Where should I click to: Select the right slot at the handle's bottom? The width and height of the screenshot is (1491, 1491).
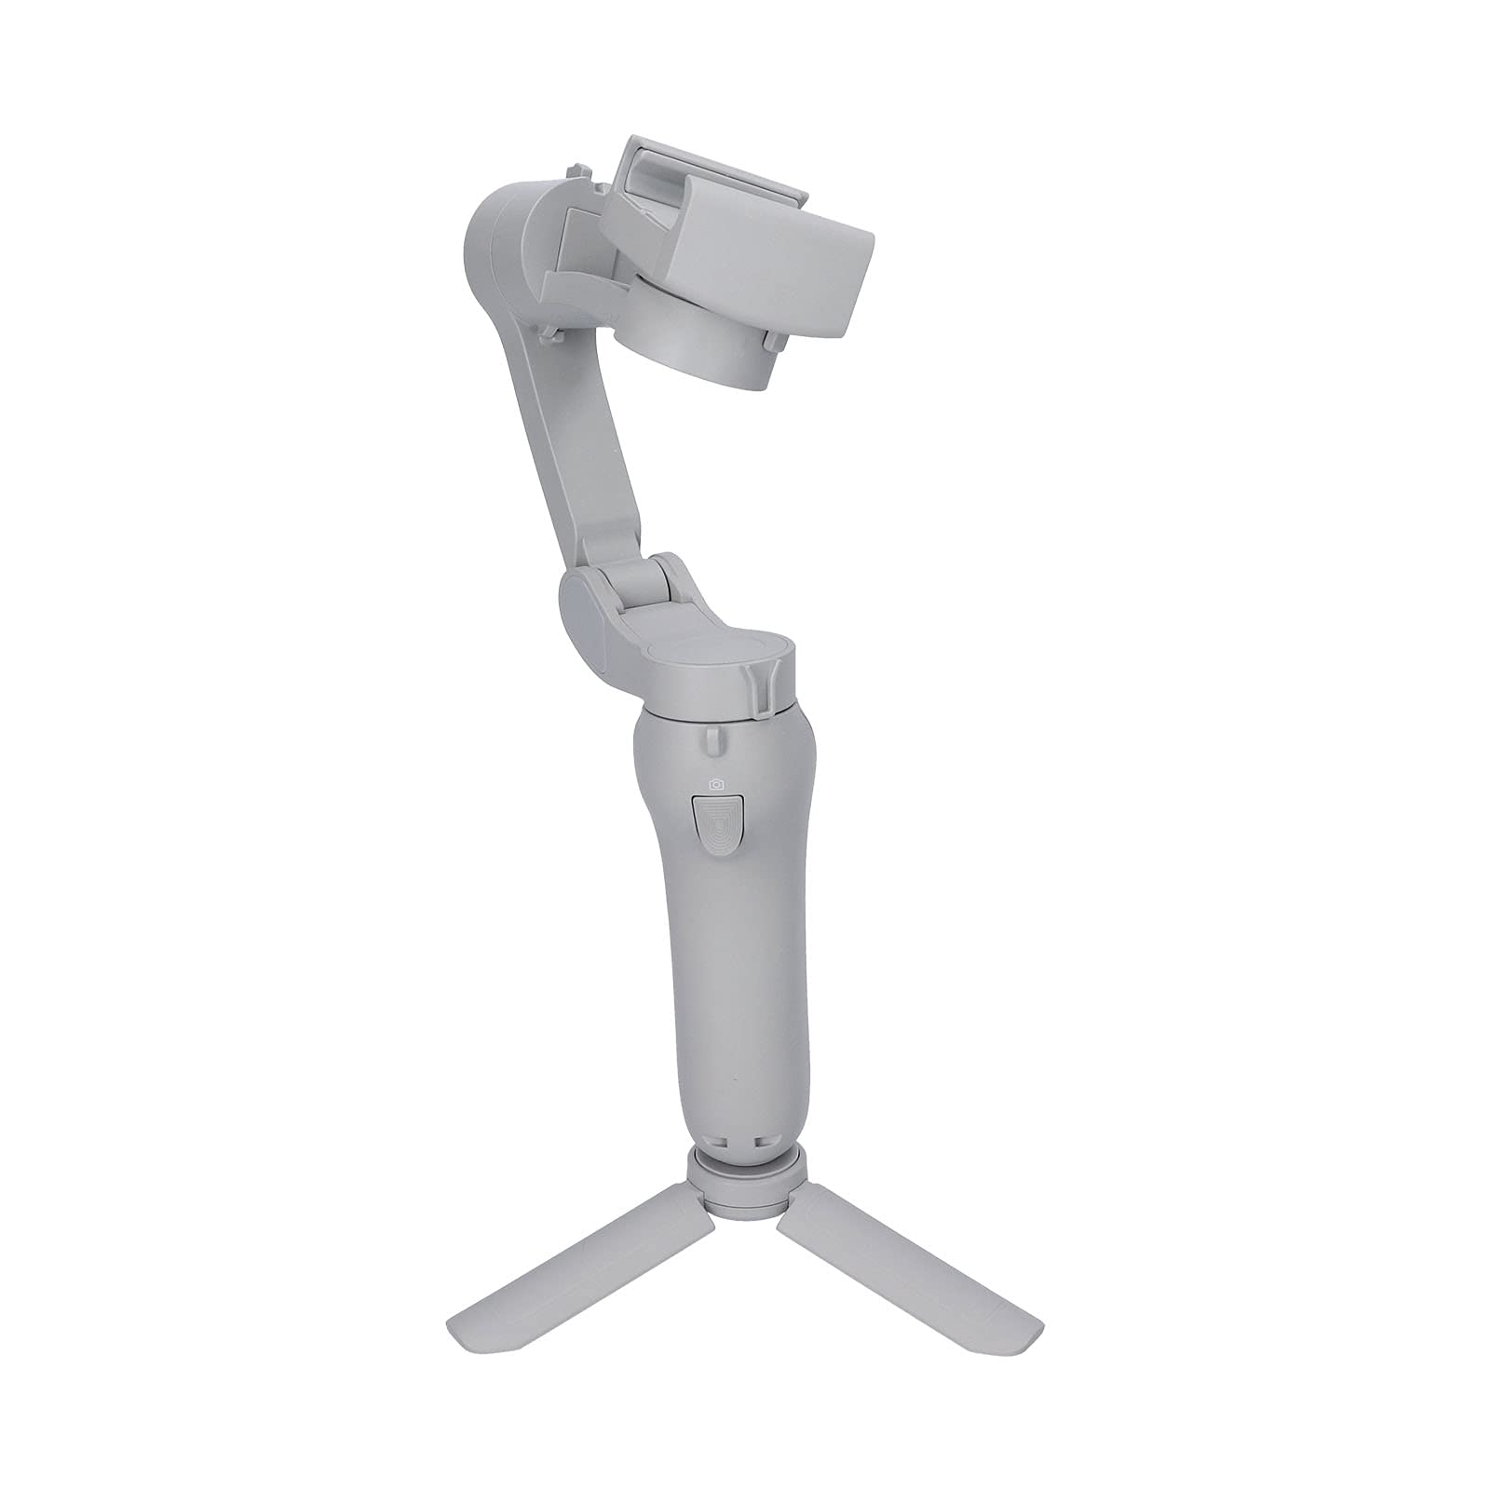(x=761, y=1140)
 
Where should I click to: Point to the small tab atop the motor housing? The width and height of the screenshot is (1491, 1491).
(x=569, y=172)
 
